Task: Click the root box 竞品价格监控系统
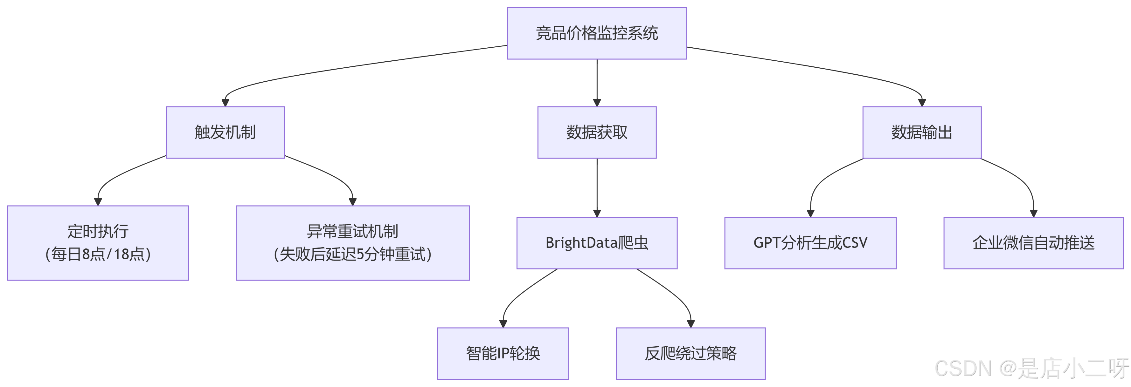point(597,33)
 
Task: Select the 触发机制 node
point(225,132)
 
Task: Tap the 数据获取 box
point(597,132)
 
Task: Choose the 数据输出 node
point(922,132)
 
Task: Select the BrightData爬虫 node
point(597,243)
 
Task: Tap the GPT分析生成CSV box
point(810,243)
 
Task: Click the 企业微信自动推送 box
point(1033,243)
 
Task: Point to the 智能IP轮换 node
point(503,353)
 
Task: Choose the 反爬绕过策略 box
point(690,353)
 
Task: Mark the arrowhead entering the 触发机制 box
point(225,103)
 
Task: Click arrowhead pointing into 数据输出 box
point(922,103)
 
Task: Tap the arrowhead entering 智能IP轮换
point(503,324)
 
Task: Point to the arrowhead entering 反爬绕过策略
point(690,324)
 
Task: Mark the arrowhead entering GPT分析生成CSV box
point(810,213)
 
